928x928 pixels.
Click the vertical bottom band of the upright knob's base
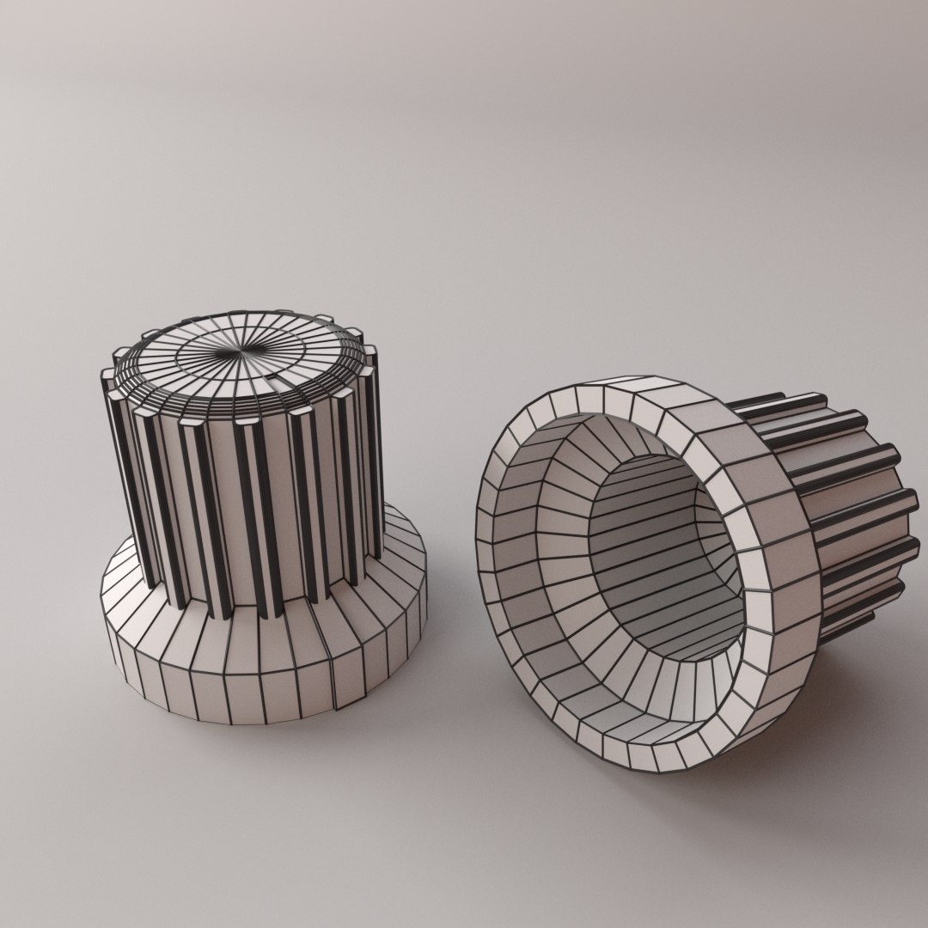[258, 687]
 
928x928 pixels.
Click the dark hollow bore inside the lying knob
[662, 550]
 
